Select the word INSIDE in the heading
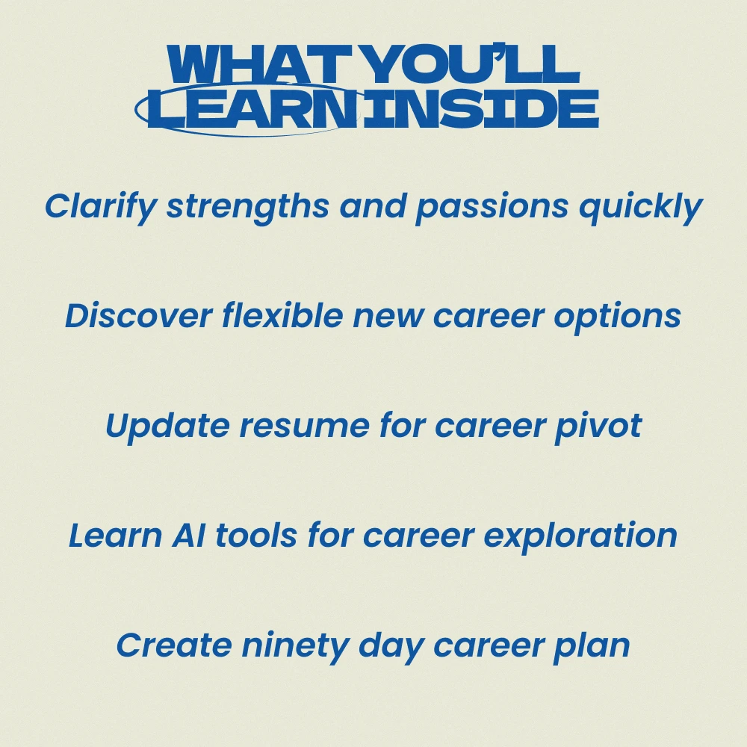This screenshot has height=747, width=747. pyautogui.click(x=480, y=108)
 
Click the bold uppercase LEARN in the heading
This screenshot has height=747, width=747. pyautogui.click(x=252, y=108)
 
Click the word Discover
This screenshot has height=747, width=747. pyautogui.click(x=139, y=315)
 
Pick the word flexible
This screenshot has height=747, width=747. pyautogui.click(x=282, y=314)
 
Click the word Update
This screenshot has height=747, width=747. pyautogui.click(x=167, y=426)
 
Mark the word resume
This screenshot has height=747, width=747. pyautogui.click(x=304, y=427)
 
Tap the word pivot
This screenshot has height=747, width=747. pyautogui.click(x=598, y=426)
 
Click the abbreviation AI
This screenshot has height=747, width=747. pyautogui.click(x=189, y=535)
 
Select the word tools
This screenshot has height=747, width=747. pyautogui.click(x=256, y=534)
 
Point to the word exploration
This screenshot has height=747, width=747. pyautogui.click(x=580, y=536)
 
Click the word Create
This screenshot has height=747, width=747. pyautogui.click(x=174, y=645)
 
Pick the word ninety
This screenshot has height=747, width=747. pyautogui.click(x=295, y=646)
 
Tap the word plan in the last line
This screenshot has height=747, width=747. pyautogui.click(x=591, y=646)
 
